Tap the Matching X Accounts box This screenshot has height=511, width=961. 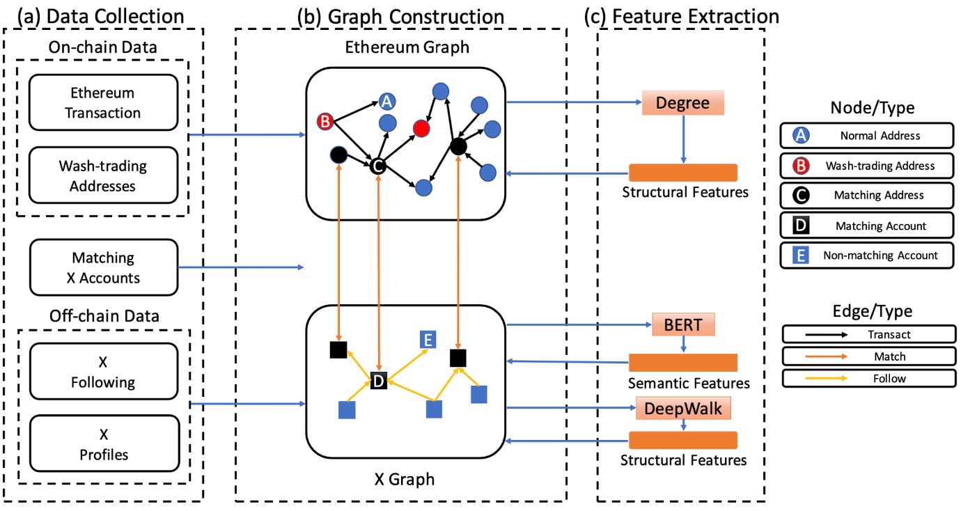103,268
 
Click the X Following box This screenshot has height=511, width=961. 103,373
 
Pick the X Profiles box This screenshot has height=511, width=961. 103,445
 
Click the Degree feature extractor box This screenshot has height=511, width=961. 682,103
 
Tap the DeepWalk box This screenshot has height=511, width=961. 683,409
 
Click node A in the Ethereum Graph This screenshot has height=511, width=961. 387,102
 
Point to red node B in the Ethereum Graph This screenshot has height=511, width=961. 325,122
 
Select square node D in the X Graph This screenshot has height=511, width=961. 378,381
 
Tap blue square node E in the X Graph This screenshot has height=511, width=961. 428,340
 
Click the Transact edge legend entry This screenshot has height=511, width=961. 868,334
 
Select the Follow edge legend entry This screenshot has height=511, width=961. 868,379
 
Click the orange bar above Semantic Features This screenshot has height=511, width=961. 682,363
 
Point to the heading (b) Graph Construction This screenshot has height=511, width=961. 400,15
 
